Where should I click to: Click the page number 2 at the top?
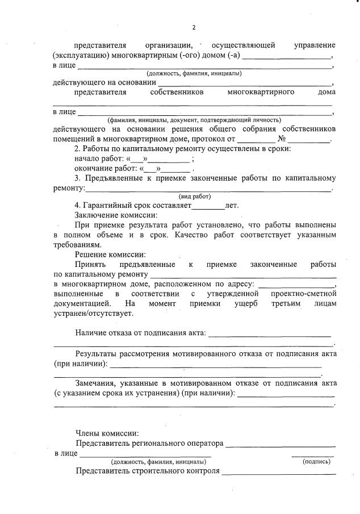(194, 27)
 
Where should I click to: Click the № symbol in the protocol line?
(282, 139)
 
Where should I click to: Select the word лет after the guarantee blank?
(232, 206)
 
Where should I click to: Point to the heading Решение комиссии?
(110, 254)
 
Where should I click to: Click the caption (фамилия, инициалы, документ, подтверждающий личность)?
(194, 120)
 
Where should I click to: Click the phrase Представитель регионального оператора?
(149, 443)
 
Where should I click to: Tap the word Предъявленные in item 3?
(115, 178)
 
